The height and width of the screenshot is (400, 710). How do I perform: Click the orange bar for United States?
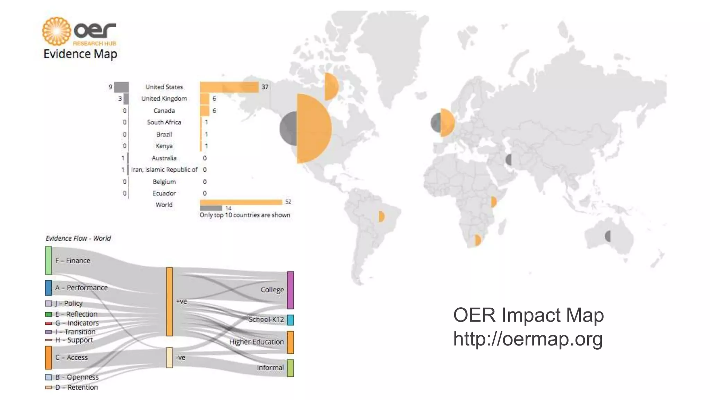coord(229,87)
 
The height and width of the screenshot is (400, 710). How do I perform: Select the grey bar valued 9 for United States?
coord(121,87)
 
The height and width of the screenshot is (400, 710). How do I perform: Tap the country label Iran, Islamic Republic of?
coord(164,170)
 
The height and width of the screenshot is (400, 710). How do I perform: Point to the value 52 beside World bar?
coord(288,202)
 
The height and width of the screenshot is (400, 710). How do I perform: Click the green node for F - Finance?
coord(49,260)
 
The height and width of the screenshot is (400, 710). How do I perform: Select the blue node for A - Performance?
coord(49,288)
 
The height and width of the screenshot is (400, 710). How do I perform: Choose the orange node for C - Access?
coord(49,357)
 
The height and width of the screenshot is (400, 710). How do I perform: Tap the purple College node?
coord(291,290)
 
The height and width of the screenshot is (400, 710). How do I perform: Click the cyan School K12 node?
coord(291,320)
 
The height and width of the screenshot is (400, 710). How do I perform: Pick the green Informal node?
coord(291,368)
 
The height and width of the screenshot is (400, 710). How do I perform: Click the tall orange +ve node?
coord(169,301)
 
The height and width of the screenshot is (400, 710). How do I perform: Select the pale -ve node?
coord(169,357)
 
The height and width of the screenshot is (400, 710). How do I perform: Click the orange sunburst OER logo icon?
coord(57,31)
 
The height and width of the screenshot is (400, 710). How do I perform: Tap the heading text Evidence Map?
coord(80,54)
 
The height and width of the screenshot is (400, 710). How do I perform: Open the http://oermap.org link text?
coord(528,339)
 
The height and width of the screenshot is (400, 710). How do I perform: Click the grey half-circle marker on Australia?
coord(608,236)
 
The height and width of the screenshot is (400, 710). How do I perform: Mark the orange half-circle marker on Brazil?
coord(381,216)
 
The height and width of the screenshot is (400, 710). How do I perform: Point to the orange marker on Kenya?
coord(494,202)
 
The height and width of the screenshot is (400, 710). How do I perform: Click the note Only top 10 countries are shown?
coord(245,215)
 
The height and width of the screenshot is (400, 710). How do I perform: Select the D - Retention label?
coord(83,387)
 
